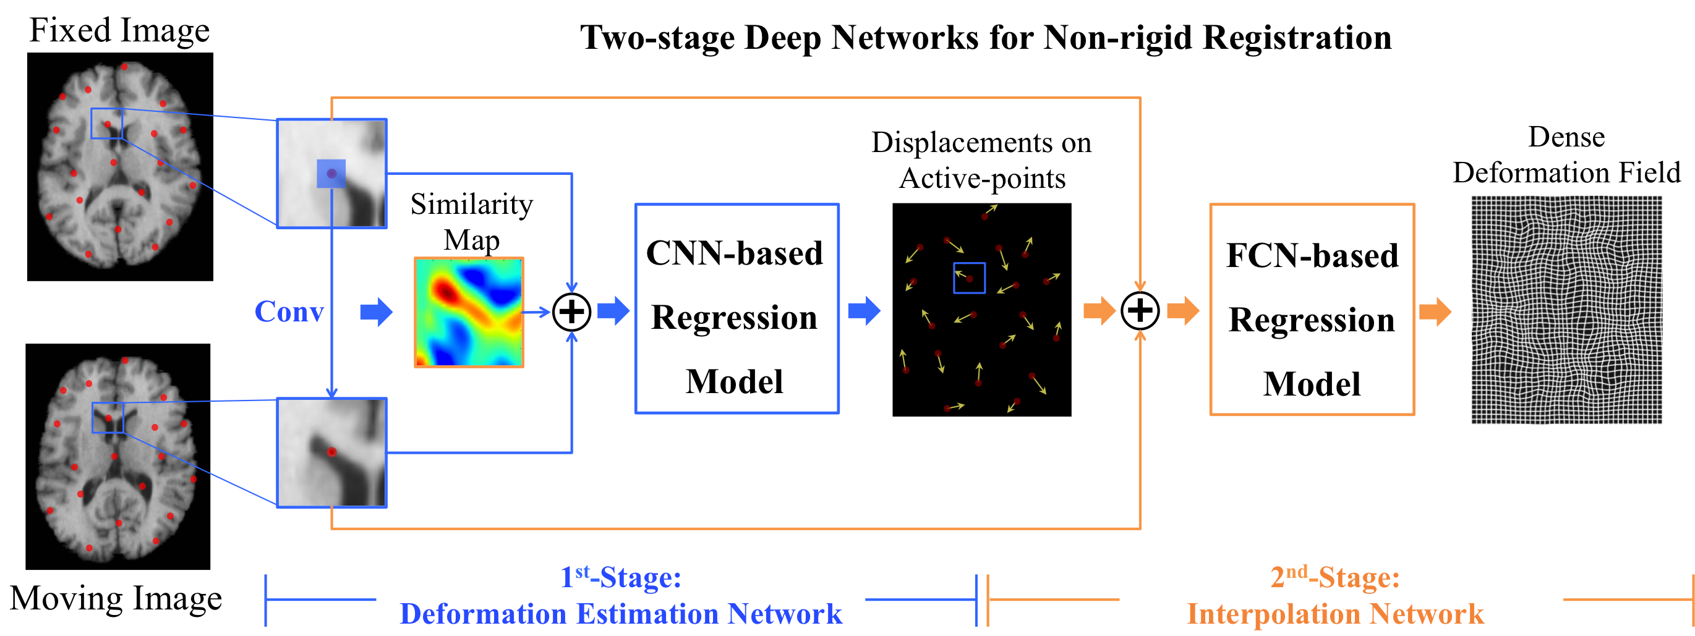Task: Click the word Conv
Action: (289, 312)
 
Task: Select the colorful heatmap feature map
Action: (469, 312)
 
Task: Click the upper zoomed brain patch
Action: (331, 173)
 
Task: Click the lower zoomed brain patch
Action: (331, 452)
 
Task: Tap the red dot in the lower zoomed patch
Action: (331, 452)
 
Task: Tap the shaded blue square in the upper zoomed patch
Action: (331, 174)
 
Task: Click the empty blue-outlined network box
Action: (737, 308)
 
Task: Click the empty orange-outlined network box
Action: (1312, 309)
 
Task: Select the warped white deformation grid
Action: (1568, 310)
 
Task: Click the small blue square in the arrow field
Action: (969, 278)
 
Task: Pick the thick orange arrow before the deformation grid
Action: (1435, 312)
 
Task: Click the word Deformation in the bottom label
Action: (482, 614)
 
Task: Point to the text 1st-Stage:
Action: (620, 577)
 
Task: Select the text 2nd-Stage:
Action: (1334, 577)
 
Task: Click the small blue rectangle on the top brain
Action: (106, 123)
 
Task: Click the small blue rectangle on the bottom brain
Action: (108, 418)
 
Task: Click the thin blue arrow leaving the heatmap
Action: (537, 312)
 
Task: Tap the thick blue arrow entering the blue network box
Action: (613, 310)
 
